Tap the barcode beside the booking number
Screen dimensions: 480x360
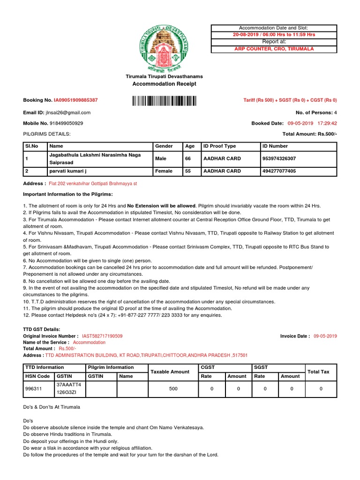pos(164,100)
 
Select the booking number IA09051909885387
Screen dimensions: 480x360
pos(76,100)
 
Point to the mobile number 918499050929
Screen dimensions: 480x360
pos(66,123)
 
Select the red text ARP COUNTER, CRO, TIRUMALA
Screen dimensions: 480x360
pos(274,49)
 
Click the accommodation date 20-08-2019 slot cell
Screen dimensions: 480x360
pos(274,35)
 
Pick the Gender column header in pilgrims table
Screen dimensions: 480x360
pos(164,146)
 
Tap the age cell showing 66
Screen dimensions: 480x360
pos(188,159)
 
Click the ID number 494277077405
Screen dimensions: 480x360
pos(279,172)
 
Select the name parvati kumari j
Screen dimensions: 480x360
pos(68,172)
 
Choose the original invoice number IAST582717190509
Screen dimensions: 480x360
pos(102,336)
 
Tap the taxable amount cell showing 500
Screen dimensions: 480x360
pos(173,389)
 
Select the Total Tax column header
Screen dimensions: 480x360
pos(319,372)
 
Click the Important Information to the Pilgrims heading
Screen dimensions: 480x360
pos(68,194)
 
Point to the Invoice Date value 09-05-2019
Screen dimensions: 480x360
pos(325,336)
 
